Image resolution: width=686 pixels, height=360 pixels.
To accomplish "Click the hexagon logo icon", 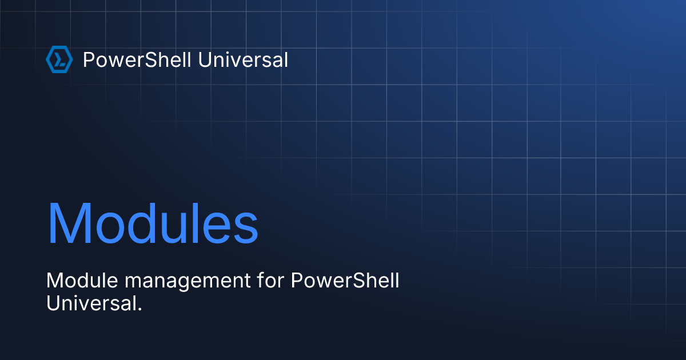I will (x=59, y=60).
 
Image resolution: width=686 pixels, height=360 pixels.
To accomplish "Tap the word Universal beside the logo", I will (x=242, y=59).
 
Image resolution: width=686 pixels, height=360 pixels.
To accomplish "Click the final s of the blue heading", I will (x=248, y=229).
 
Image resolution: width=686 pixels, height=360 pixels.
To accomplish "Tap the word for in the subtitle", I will (x=268, y=281).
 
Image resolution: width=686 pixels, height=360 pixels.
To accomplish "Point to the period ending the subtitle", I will (x=139, y=309).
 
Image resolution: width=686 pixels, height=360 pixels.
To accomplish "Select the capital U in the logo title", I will (x=204, y=59).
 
